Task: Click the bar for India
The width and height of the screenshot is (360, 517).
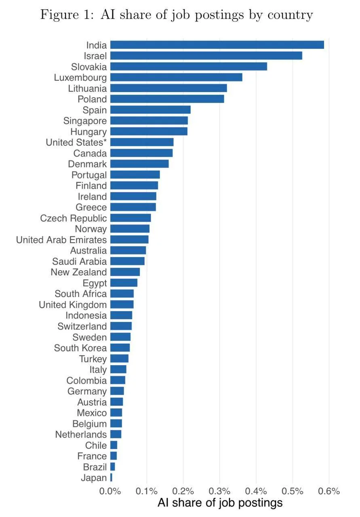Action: tap(217, 45)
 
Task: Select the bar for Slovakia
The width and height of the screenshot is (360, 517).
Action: tap(188, 67)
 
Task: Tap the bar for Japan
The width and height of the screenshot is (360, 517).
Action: tap(111, 477)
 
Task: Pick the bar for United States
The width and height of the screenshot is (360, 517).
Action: tap(142, 142)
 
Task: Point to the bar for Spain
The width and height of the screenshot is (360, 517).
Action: tap(150, 109)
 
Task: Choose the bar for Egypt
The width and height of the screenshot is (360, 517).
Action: tap(124, 283)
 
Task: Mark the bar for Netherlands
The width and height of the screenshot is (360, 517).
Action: tap(116, 434)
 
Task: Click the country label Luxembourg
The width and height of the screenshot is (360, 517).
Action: tap(80, 78)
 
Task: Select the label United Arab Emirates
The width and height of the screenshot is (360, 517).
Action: tap(61, 240)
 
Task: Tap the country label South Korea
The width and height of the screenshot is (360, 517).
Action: tap(80, 348)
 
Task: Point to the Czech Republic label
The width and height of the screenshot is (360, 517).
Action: tap(74, 218)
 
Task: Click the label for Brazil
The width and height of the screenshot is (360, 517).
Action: tap(95, 467)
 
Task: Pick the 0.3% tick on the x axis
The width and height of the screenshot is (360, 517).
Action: tap(219, 491)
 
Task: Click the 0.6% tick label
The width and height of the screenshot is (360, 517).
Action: tap(329, 491)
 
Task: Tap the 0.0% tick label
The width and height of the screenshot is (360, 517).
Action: tap(110, 491)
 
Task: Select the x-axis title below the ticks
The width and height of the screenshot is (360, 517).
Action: tap(220, 503)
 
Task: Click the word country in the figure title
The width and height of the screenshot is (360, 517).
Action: tap(290, 15)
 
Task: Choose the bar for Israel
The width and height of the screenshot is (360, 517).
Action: tap(206, 56)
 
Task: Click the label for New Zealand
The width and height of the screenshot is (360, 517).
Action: tap(79, 272)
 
